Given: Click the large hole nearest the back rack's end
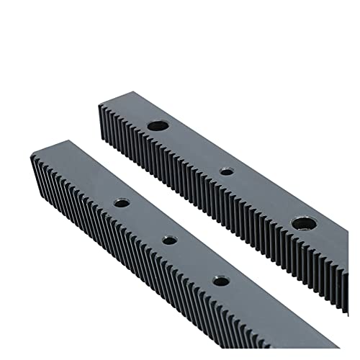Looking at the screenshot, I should [155, 125].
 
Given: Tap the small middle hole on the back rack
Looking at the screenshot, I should [226, 171].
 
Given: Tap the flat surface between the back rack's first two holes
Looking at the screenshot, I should [191, 148].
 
